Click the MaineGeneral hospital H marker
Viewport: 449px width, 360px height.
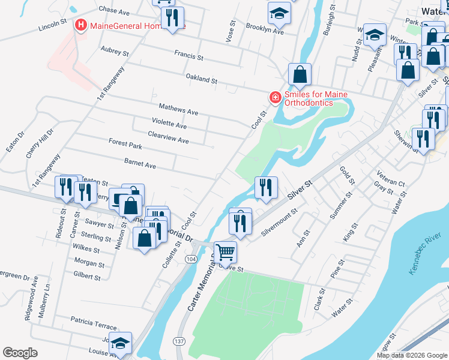coord(79,25)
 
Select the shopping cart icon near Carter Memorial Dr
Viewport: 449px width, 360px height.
coord(225,252)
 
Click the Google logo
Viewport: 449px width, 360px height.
coord(20,353)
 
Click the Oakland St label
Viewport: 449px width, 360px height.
coord(201,79)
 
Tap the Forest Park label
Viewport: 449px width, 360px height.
coord(125,144)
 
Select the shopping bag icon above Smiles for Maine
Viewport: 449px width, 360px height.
coord(300,75)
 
